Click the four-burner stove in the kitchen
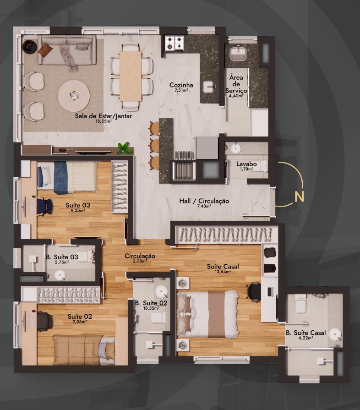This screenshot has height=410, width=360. pos(175,43)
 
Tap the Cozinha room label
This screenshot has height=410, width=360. pos(181,85)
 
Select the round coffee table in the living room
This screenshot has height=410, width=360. pos(74,96)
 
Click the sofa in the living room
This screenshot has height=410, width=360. pos(67,49)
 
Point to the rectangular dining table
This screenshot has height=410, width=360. pos(131,76)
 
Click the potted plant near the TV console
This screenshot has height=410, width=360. pos(124,148)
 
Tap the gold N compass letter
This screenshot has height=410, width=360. pos(299,197)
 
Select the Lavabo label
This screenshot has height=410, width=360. pos(246,164)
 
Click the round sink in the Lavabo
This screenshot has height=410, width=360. pos(235,148)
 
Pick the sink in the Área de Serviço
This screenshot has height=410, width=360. pos(238,54)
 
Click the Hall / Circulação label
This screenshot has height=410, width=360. pos(204,201)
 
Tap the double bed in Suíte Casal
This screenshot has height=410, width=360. pos(208,314)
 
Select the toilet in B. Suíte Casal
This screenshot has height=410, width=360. pos(300,303)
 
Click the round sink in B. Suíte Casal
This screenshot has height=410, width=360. pos(335,334)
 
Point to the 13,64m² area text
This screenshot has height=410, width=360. pos(223,272)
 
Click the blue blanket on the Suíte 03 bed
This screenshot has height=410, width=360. pos(60,178)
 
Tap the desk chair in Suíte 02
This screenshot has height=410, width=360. pos(45,322)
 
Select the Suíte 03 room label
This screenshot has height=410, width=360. pos(78,205)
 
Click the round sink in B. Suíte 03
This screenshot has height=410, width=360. pos(60,275)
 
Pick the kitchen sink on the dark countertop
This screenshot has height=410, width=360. pos(209,87)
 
